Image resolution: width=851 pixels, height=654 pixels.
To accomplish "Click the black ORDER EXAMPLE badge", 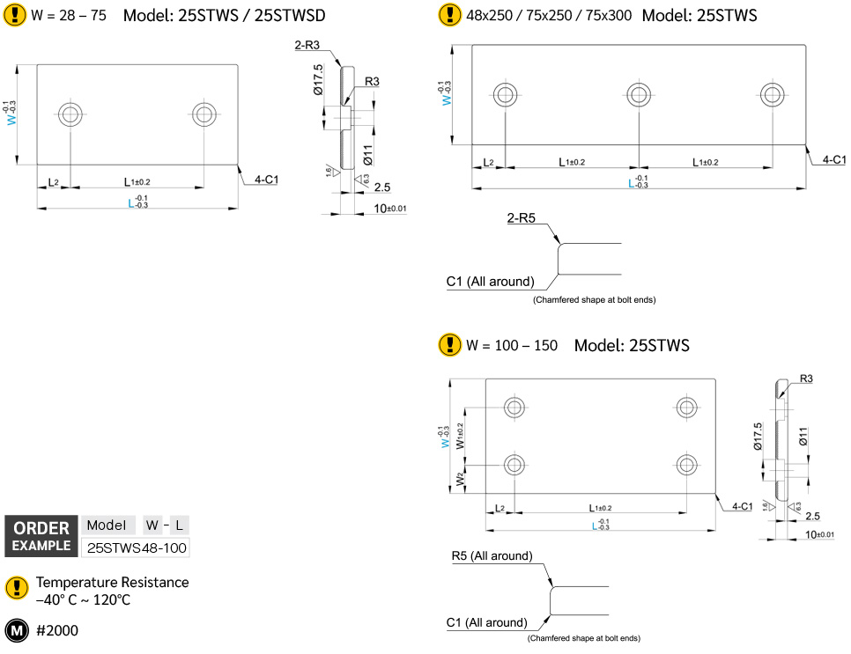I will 41,536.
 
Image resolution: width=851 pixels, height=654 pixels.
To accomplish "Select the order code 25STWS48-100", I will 135,547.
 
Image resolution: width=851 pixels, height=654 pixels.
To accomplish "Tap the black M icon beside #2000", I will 17,630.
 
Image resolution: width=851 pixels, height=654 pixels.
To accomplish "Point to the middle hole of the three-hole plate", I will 639,94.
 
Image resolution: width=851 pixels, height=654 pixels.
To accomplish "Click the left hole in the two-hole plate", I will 70,113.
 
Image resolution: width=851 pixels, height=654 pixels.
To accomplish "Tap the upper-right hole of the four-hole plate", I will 686,407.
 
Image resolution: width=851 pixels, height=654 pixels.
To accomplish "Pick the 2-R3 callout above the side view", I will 307,46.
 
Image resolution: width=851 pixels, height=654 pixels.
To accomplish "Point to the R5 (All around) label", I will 492,556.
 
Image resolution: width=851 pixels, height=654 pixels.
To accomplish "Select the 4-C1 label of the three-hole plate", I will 833,159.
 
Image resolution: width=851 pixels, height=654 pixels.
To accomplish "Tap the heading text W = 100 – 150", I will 512,345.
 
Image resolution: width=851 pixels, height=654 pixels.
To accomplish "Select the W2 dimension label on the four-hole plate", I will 459,481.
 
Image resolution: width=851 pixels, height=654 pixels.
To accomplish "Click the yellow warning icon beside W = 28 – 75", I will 15,15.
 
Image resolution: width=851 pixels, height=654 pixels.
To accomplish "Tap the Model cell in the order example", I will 108,525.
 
